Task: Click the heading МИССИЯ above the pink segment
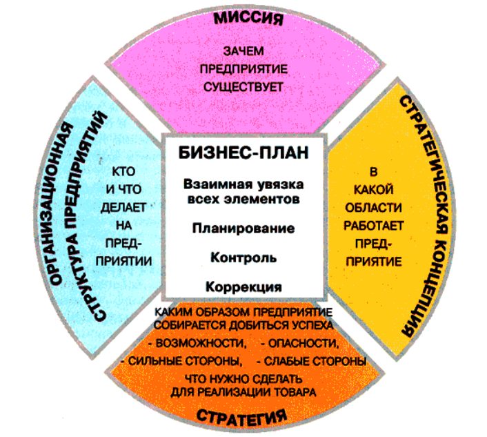click(x=248, y=18)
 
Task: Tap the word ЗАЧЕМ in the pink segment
click(x=243, y=51)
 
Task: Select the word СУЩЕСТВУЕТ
click(x=243, y=86)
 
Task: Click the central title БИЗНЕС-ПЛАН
click(x=243, y=153)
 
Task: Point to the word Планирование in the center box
click(x=243, y=229)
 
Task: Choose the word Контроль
click(x=243, y=258)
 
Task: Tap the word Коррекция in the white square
click(x=243, y=287)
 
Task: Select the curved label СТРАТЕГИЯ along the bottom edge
click(x=242, y=416)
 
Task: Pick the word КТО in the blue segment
click(x=123, y=171)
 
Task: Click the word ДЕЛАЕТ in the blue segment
click(x=123, y=207)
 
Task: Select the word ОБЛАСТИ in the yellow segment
click(x=373, y=207)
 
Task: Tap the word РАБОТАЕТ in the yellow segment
click(x=373, y=225)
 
